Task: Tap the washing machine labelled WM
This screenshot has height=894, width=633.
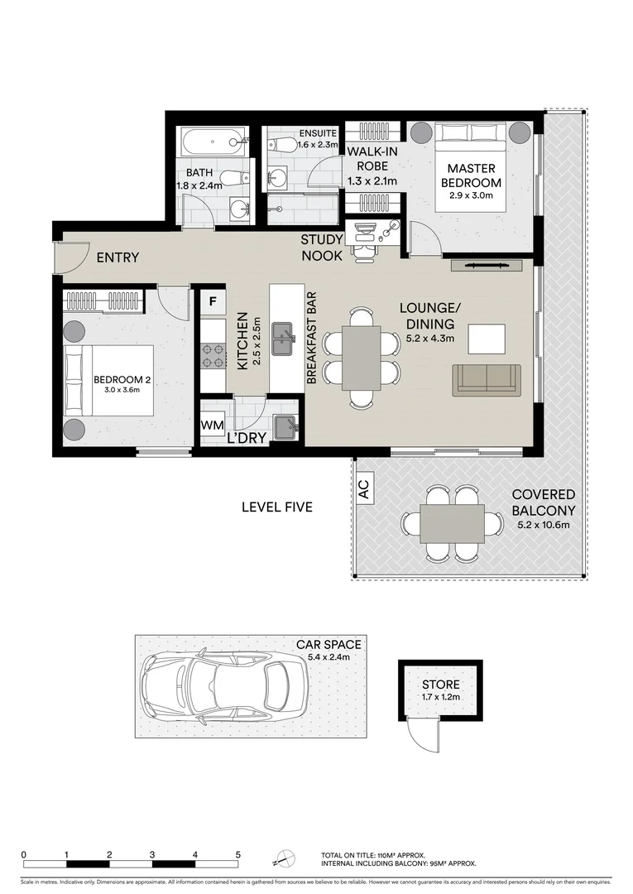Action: [212, 425]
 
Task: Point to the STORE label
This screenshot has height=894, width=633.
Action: [440, 685]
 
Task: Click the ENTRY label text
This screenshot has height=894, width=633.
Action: [117, 258]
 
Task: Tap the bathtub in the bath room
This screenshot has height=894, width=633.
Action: [214, 142]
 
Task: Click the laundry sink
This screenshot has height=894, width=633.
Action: [285, 426]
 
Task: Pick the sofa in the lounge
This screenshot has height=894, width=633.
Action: [487, 379]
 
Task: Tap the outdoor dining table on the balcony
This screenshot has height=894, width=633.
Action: [452, 523]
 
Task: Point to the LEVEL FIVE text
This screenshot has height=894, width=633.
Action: [276, 507]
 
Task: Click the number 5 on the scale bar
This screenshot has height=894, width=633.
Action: [237, 855]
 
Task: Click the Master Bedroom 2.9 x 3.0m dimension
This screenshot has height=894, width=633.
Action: [471, 196]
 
